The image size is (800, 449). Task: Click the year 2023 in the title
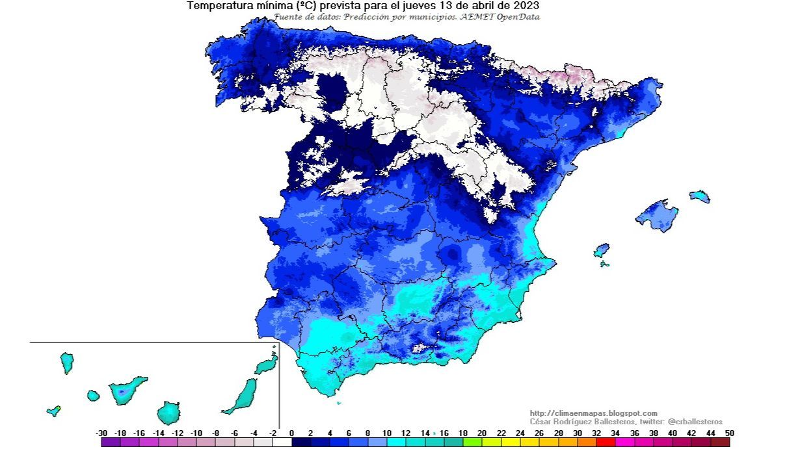tap(526, 6)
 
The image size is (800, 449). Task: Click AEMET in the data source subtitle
tap(478, 16)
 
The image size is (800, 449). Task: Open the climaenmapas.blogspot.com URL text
tap(593, 413)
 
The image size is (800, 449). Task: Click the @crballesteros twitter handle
tap(695, 422)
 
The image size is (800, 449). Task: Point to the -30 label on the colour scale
tap(101, 433)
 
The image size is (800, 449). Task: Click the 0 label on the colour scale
tap(291, 433)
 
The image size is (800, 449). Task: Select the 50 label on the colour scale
tap(730, 433)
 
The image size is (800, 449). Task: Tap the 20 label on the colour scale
tap(482, 433)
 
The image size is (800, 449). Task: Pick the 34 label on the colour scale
tap(616, 433)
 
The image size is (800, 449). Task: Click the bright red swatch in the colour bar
tap(606, 443)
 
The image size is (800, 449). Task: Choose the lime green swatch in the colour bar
tap(473, 443)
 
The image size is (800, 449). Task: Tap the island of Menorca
tap(700, 196)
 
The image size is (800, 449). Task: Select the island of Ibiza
tap(602, 250)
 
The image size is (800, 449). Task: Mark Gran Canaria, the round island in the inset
tap(168, 413)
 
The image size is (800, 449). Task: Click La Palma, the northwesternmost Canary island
tap(66, 362)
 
